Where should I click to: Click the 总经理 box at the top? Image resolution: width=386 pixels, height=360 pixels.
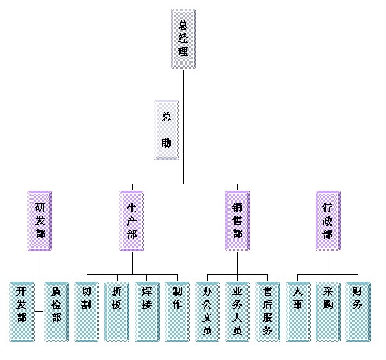pyautogui.click(x=184, y=39)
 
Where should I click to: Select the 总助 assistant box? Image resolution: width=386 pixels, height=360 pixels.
pyautogui.click(x=167, y=130)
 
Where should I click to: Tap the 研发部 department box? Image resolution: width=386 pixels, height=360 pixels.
pyautogui.click(x=39, y=221)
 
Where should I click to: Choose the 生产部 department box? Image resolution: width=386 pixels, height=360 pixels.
pyautogui.click(x=132, y=221)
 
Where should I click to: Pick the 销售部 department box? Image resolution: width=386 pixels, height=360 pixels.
pyautogui.click(x=238, y=221)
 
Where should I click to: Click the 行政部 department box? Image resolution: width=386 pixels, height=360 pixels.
pyautogui.click(x=328, y=221)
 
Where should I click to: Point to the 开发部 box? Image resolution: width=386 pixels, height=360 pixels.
pyautogui.click(x=22, y=311)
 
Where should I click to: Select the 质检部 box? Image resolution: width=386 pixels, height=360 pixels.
pyautogui.click(x=56, y=311)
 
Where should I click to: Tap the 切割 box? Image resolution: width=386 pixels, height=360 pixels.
pyautogui.click(x=87, y=311)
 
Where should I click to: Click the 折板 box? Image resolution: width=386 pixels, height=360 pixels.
pyautogui.click(x=117, y=311)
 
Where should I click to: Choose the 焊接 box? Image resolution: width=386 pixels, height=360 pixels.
pyautogui.click(x=147, y=311)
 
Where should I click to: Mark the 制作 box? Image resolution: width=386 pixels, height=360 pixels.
pyautogui.click(x=177, y=311)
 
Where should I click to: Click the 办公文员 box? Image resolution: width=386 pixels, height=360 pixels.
pyautogui.click(x=207, y=311)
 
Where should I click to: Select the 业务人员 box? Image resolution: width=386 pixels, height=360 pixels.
pyautogui.click(x=238, y=311)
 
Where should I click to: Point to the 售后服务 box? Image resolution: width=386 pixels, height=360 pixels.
pyautogui.click(x=268, y=311)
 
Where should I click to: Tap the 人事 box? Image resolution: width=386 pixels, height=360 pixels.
pyautogui.click(x=298, y=311)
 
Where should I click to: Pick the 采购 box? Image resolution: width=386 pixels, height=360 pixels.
pyautogui.click(x=328, y=311)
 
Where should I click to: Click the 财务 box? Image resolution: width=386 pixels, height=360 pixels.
pyautogui.click(x=358, y=311)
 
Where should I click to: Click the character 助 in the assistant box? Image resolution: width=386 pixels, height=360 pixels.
pyautogui.click(x=167, y=143)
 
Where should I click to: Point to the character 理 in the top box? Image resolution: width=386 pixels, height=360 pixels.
pyautogui.click(x=183, y=52)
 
